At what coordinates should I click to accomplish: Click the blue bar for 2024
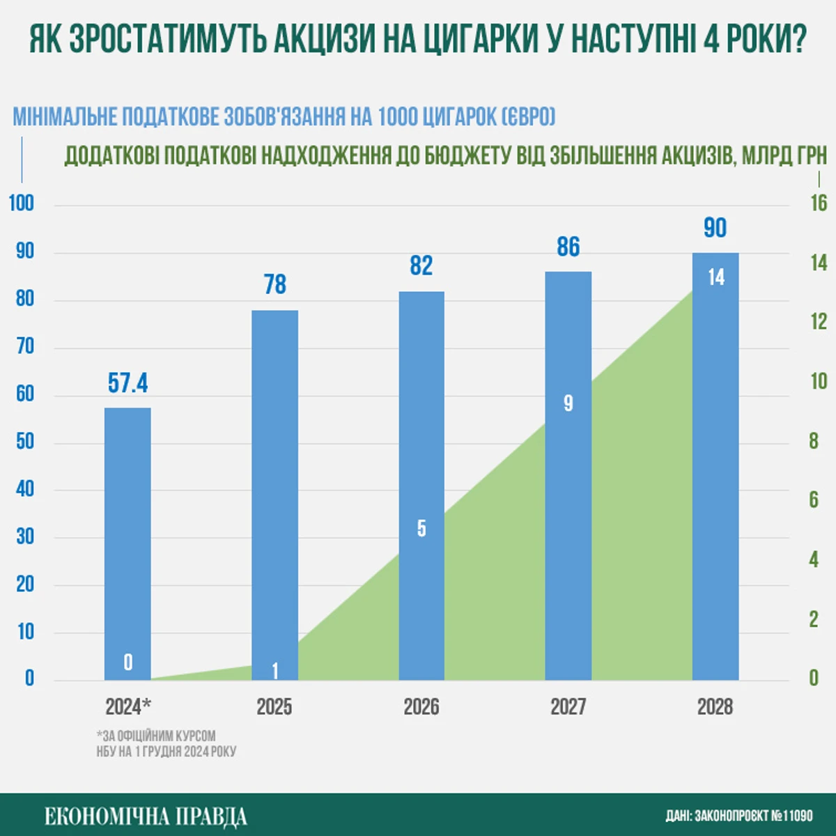pyautogui.click(x=127, y=543)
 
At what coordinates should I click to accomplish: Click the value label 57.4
pyautogui.click(x=127, y=383)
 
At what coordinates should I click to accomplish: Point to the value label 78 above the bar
pyautogui.click(x=275, y=284)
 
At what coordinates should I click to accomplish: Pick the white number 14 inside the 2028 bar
pyautogui.click(x=716, y=277)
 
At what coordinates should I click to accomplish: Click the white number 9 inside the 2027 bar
pyautogui.click(x=568, y=403)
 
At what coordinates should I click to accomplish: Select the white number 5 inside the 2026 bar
pyautogui.click(x=421, y=529)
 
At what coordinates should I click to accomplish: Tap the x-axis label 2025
pyautogui.click(x=274, y=706)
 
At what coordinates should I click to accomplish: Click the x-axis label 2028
pyautogui.click(x=715, y=706)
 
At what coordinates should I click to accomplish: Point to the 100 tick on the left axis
pyautogui.click(x=22, y=203)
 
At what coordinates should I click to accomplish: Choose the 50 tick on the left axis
pyautogui.click(x=25, y=442)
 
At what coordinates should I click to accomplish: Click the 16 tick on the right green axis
pyautogui.click(x=819, y=203)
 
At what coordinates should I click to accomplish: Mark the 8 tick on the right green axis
pyautogui.click(x=814, y=441)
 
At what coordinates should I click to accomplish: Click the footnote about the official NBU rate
pyautogui.click(x=167, y=743)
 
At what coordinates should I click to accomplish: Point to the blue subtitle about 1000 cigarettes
pyautogui.click(x=284, y=116)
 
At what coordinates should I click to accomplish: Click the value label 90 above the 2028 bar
pyautogui.click(x=715, y=228)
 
